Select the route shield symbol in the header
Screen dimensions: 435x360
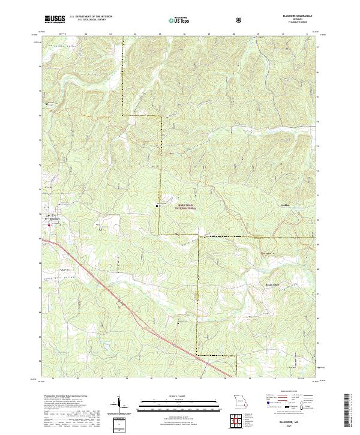[239, 20]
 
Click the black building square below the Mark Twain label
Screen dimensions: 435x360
[157, 207]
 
